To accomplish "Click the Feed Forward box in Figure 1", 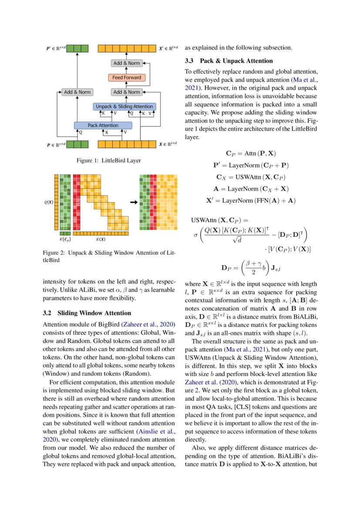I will click(x=127, y=78).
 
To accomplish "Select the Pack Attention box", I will click(x=103, y=125).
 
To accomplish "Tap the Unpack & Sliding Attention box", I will click(x=124, y=107).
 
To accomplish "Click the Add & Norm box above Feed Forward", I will click(x=127, y=63).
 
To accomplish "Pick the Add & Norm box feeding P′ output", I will click(x=77, y=92).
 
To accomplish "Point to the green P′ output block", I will click(x=77, y=48).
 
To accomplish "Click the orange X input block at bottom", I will click(x=127, y=144).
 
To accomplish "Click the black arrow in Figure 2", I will click(x=134, y=202).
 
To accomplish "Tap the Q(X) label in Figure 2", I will click(x=49, y=202).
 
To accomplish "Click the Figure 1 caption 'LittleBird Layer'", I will click(x=121, y=160).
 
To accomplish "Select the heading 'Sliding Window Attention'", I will click(x=94, y=313).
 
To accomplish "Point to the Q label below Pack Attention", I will click(x=80, y=132).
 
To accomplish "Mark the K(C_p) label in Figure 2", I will click(x=65, y=239).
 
